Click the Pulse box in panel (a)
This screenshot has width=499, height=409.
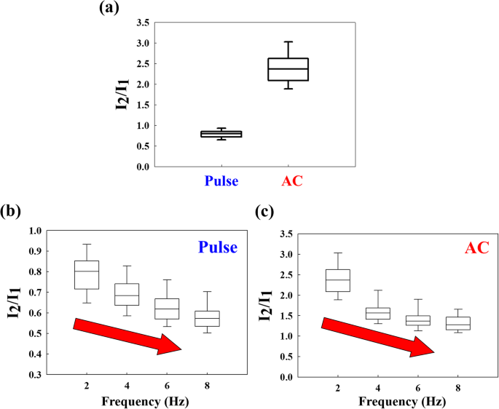(221, 134)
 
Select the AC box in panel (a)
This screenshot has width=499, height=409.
(288, 69)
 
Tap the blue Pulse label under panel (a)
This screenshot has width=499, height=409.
(221, 181)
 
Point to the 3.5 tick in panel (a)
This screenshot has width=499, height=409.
(144, 23)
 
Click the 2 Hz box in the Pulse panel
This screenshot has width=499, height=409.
(87, 274)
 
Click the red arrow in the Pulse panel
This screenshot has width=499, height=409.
(127, 335)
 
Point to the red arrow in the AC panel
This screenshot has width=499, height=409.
(377, 336)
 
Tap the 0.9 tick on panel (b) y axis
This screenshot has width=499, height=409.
(34, 251)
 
